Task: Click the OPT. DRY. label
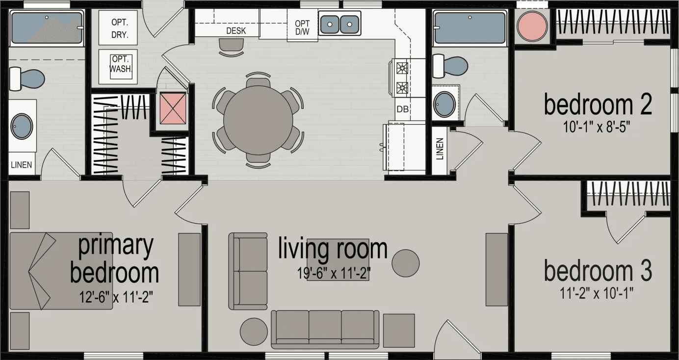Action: click(x=120, y=29)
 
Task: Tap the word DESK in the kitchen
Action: click(x=235, y=31)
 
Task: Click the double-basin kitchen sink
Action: click(x=339, y=23)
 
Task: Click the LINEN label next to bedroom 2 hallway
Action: click(x=440, y=149)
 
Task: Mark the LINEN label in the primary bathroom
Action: click(x=22, y=165)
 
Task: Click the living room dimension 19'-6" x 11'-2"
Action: click(x=334, y=273)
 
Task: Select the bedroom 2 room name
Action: click(x=598, y=104)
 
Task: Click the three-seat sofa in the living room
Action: click(x=325, y=328)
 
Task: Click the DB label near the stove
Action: click(x=402, y=109)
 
